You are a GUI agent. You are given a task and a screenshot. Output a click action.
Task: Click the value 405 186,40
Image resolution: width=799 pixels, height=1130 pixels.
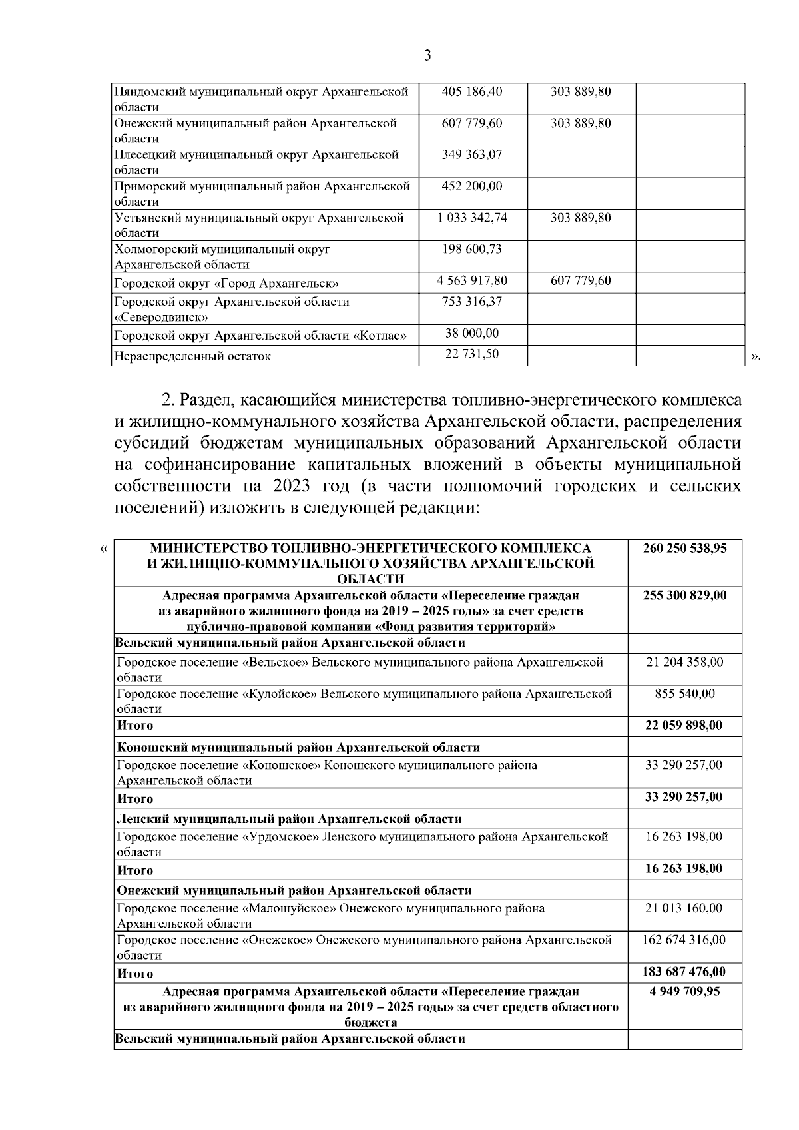point(472,92)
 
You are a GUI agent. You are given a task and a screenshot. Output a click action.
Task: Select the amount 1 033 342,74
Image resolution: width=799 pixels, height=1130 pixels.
point(472,218)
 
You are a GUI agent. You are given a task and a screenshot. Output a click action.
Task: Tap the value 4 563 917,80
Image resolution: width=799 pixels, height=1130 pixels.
point(472,280)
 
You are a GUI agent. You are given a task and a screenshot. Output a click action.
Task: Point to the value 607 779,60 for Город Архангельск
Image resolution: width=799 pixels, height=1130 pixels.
point(581,280)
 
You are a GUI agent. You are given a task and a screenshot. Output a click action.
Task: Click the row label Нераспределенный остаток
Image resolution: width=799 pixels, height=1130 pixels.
point(192,356)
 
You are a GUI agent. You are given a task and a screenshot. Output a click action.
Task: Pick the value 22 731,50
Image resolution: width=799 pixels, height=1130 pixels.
point(472,354)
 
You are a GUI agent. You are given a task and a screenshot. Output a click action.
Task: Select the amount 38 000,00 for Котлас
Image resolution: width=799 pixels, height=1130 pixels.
point(472,333)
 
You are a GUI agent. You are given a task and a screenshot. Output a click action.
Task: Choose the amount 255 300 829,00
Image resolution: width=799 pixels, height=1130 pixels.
point(684,595)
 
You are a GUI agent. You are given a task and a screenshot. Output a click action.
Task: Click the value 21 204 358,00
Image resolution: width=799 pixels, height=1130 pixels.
point(684,662)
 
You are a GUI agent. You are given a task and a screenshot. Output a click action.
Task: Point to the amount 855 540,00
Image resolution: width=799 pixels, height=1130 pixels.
point(684,693)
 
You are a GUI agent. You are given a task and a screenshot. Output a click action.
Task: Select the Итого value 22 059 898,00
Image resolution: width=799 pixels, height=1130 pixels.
point(684,725)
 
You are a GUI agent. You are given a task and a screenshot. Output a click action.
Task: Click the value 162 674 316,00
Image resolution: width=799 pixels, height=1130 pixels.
point(684,940)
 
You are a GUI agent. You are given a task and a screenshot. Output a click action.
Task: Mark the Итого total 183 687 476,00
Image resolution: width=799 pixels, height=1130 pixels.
point(684,972)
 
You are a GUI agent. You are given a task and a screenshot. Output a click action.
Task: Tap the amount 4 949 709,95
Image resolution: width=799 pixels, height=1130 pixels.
point(684,991)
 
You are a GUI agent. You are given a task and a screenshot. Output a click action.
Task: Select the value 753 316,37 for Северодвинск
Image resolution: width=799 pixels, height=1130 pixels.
point(472,302)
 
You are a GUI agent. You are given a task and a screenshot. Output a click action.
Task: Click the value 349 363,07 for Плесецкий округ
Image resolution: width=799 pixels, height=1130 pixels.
point(472,154)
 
